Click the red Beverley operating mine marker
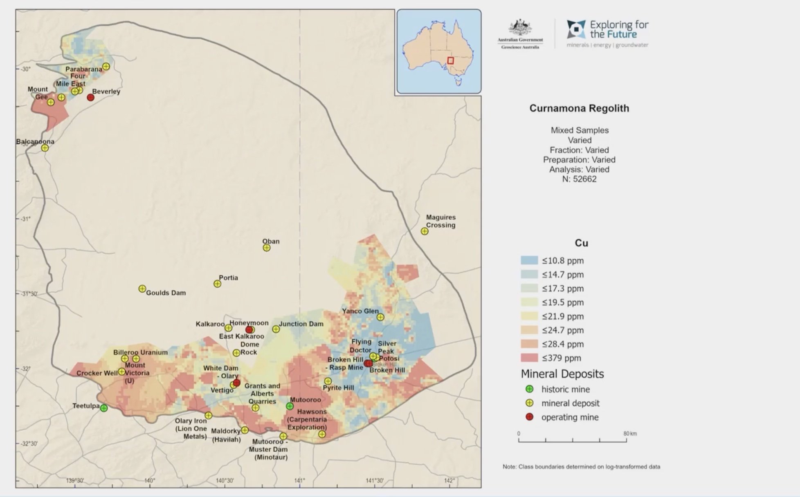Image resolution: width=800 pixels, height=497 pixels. (x=91, y=97)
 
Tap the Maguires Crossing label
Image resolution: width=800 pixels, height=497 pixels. (x=440, y=221)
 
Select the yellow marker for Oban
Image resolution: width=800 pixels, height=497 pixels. (x=267, y=248)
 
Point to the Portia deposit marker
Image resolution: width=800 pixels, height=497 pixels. (x=218, y=284)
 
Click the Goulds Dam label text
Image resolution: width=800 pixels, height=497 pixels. (x=166, y=293)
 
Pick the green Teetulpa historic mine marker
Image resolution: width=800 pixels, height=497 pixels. (x=104, y=408)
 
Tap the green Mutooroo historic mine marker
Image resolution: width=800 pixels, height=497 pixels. (x=290, y=406)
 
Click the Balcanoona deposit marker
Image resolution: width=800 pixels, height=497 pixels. (x=45, y=148)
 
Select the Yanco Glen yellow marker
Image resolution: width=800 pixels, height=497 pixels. (x=380, y=317)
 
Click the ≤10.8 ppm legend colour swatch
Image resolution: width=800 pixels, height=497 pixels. (x=529, y=260)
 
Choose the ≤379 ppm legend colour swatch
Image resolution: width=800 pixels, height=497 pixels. (x=529, y=358)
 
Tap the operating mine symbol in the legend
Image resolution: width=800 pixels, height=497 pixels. (x=529, y=417)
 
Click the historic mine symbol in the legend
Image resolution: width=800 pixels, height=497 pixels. (x=529, y=389)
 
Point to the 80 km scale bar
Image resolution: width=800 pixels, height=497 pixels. (x=573, y=440)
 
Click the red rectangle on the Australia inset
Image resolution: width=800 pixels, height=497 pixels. (x=450, y=60)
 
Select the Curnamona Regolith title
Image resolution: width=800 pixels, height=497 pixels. (x=579, y=108)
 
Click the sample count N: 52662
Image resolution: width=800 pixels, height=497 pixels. (x=579, y=179)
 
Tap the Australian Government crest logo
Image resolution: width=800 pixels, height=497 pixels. (x=520, y=29)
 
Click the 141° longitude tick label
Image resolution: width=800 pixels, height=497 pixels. (x=300, y=481)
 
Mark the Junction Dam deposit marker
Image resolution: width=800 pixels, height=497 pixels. (x=276, y=329)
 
